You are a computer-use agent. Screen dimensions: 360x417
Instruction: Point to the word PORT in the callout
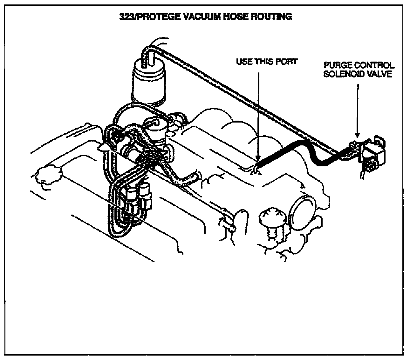[286, 61]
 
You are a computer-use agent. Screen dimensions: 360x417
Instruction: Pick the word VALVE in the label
[380, 75]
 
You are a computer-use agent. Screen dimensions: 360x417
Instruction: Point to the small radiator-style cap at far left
[48, 175]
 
